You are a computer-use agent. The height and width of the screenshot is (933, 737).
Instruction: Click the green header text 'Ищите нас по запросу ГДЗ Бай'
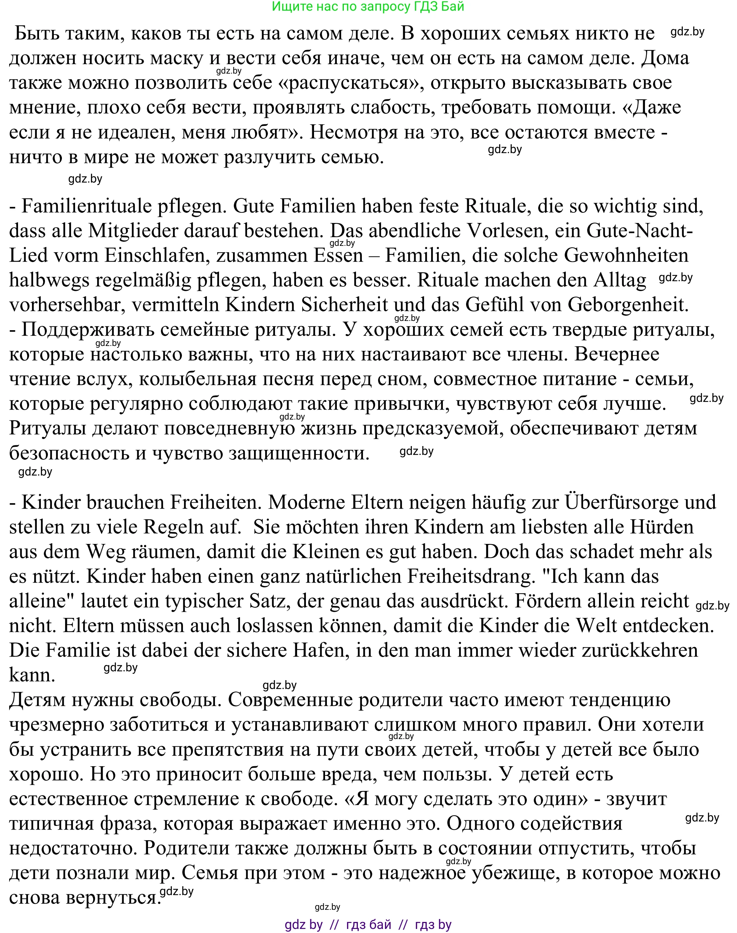tap(368, 7)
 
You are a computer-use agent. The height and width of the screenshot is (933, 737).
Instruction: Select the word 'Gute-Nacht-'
tap(639, 231)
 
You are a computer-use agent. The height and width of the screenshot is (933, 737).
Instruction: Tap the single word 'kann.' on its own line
tap(32, 675)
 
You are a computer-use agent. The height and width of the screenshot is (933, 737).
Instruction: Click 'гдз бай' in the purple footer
tap(368, 925)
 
